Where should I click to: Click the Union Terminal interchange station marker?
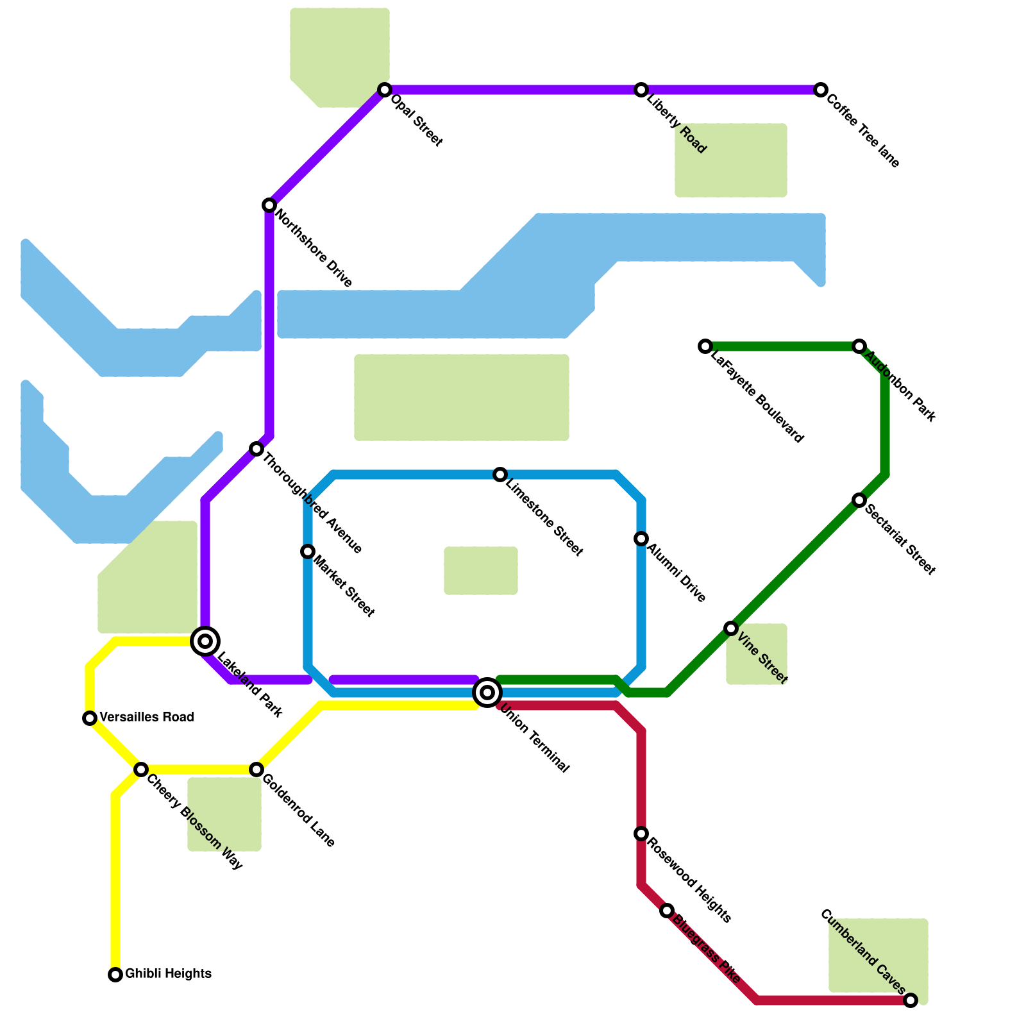[x=487, y=693]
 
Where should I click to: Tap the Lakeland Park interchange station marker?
[x=205, y=641]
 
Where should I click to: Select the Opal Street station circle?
[x=385, y=90]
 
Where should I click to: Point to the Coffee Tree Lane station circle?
[x=821, y=90]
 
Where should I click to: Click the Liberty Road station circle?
[x=641, y=90]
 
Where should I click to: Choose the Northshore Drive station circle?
[x=269, y=205]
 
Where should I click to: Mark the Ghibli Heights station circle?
[x=115, y=975]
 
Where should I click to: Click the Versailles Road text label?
[x=147, y=717]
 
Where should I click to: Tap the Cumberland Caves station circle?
[x=911, y=1000]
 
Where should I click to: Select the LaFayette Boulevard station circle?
[x=705, y=346]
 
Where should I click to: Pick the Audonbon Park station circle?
[x=859, y=346]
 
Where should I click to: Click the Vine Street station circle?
[x=731, y=628]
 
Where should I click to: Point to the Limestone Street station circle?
[x=500, y=475]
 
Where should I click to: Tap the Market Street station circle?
[x=308, y=551]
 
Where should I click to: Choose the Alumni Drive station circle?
[x=641, y=539]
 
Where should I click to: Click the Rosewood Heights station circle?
[x=641, y=834]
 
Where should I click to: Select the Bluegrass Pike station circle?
[x=667, y=911]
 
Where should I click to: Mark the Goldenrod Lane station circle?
[x=256, y=769]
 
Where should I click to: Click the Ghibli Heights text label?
[x=168, y=974]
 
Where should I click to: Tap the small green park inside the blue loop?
[x=481, y=571]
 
